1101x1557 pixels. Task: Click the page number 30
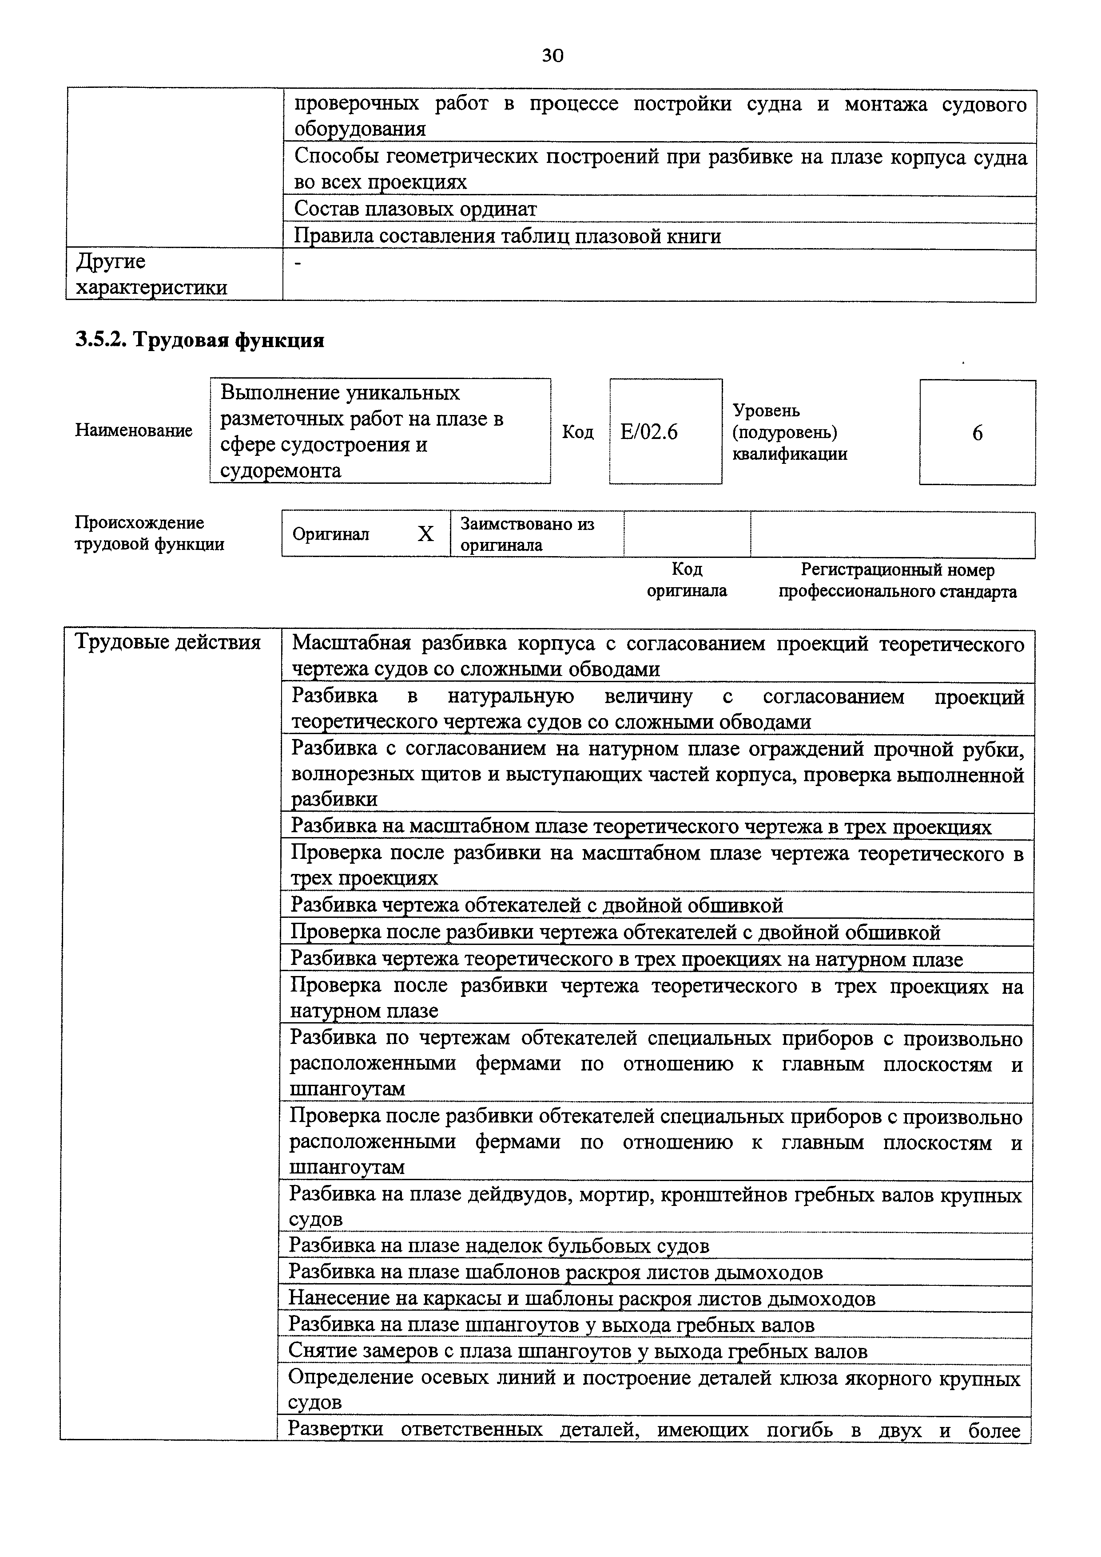[552, 55]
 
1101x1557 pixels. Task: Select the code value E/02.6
[648, 432]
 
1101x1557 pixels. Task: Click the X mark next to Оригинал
[425, 534]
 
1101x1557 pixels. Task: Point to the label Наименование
[134, 431]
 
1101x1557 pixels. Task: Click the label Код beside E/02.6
[577, 432]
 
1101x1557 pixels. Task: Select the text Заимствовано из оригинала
[527, 534]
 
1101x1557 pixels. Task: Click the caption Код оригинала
[687, 580]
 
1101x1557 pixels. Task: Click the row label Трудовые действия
[167, 641]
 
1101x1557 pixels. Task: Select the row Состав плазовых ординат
[415, 209]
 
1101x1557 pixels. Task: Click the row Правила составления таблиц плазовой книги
[507, 236]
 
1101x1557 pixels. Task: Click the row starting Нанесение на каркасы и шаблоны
[581, 1299]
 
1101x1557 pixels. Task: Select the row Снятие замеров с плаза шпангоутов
[577, 1352]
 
